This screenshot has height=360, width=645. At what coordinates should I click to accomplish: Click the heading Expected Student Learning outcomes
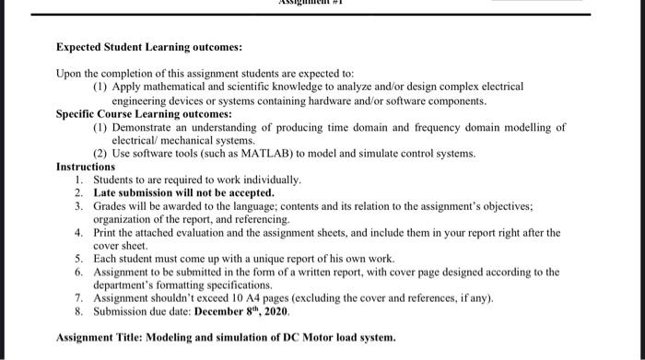click(x=148, y=46)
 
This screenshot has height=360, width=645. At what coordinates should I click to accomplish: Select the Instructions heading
click(x=87, y=167)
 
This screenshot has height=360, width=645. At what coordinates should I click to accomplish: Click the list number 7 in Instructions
click(x=79, y=298)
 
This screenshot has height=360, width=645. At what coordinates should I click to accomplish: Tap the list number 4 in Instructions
click(x=79, y=233)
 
